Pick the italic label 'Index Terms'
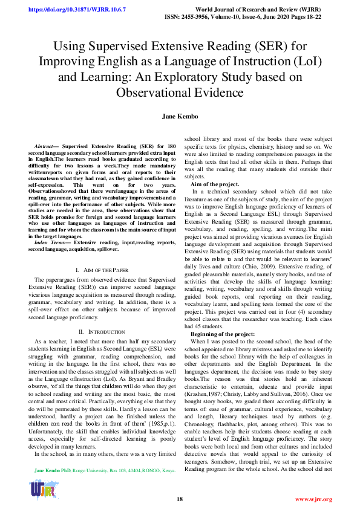(x=49, y=242)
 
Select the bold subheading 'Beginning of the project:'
(x=222, y=334)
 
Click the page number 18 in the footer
(x=180, y=499)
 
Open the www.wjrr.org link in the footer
(x=313, y=499)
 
